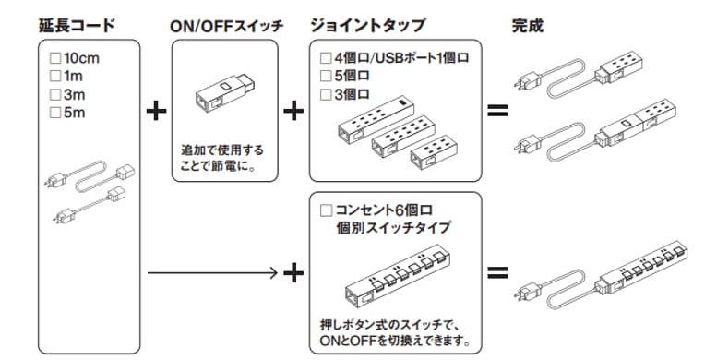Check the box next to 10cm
tap(56, 57)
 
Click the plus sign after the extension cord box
tap(157, 112)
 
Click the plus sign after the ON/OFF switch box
tap(293, 112)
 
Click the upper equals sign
tap(497, 112)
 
